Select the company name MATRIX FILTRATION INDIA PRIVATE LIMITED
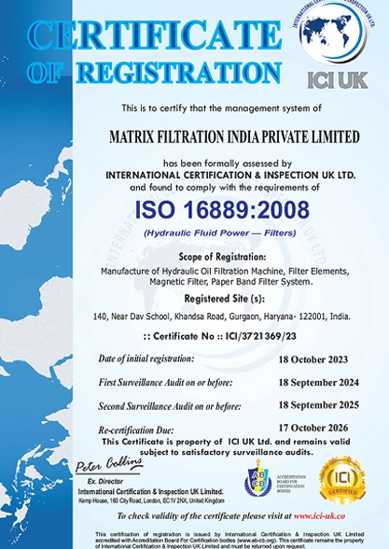234,137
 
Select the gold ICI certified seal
342,480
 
